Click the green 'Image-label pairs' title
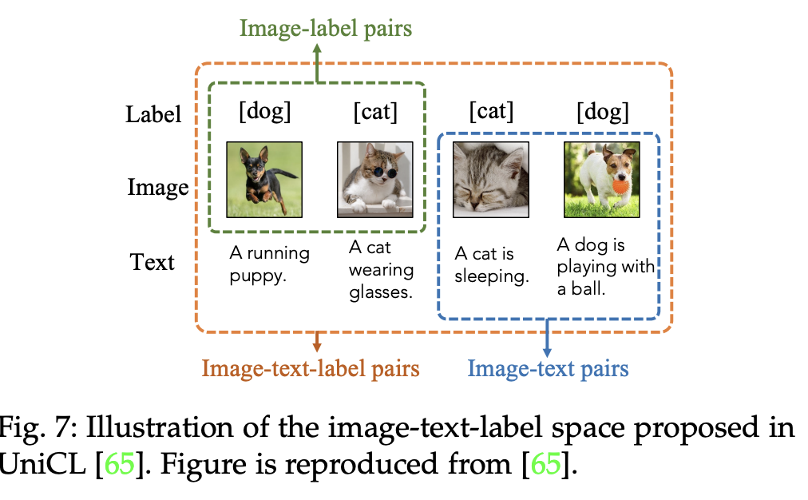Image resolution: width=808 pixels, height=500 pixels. pyautogui.click(x=325, y=30)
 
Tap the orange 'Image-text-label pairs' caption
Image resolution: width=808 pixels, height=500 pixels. pyautogui.click(x=311, y=369)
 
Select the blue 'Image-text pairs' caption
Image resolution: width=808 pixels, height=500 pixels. pyautogui.click(x=548, y=368)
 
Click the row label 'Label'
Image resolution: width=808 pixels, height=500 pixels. pyautogui.click(x=153, y=114)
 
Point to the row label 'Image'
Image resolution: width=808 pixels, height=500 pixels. pyautogui.click(x=158, y=188)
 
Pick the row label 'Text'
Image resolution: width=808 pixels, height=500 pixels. pyautogui.click(x=152, y=261)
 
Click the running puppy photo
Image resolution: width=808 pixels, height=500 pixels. pyautogui.click(x=264, y=180)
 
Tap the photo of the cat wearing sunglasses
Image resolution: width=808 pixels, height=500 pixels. pyautogui.click(x=375, y=180)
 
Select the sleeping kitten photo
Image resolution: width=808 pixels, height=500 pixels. pyautogui.click(x=491, y=180)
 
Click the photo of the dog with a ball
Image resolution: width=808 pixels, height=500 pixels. pyautogui.click(x=602, y=180)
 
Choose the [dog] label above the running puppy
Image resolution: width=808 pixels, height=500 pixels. pyautogui.click(x=265, y=112)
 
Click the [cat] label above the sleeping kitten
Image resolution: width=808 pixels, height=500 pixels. pyautogui.click(x=491, y=112)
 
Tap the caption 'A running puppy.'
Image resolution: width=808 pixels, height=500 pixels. pyautogui.click(x=269, y=264)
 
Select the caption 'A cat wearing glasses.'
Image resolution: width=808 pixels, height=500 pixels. pyautogui.click(x=380, y=270)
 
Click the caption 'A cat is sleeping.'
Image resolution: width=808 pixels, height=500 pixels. pyautogui.click(x=491, y=265)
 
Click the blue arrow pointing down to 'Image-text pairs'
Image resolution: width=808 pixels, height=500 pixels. pyautogui.click(x=548, y=337)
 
